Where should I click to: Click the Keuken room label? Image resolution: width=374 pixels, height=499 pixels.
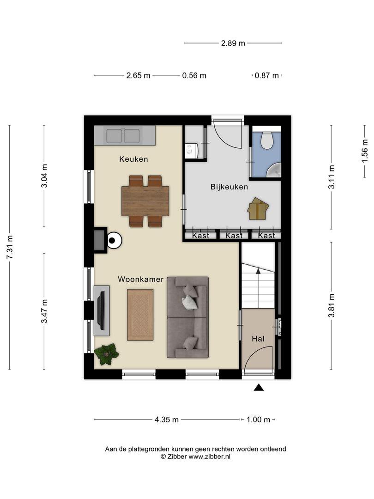point(133,159)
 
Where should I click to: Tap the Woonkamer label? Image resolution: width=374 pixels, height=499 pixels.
point(140,279)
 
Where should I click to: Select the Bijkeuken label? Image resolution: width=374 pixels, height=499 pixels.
point(229,187)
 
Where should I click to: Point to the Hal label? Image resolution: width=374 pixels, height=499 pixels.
point(258,339)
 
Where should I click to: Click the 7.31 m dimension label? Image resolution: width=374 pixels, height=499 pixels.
point(10,247)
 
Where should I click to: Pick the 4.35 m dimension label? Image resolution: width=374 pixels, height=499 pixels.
point(167,420)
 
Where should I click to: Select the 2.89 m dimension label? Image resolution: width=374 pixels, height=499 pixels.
point(233,43)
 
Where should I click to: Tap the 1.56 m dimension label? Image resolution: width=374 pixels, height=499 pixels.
point(365,151)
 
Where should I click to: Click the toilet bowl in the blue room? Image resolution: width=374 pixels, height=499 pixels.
point(267,140)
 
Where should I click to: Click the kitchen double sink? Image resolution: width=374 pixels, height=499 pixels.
point(123,136)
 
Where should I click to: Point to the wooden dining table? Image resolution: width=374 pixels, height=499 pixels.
point(145,201)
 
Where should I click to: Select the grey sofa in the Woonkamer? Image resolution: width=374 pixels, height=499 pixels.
point(188,317)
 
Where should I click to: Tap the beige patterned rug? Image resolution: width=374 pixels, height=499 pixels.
point(140,315)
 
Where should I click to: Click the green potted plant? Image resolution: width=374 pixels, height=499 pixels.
point(107,353)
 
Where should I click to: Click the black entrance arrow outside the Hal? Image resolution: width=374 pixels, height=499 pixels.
point(259,387)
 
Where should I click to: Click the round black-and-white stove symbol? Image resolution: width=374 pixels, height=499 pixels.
point(114,241)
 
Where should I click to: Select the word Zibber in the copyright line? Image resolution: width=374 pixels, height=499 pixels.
point(177,456)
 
